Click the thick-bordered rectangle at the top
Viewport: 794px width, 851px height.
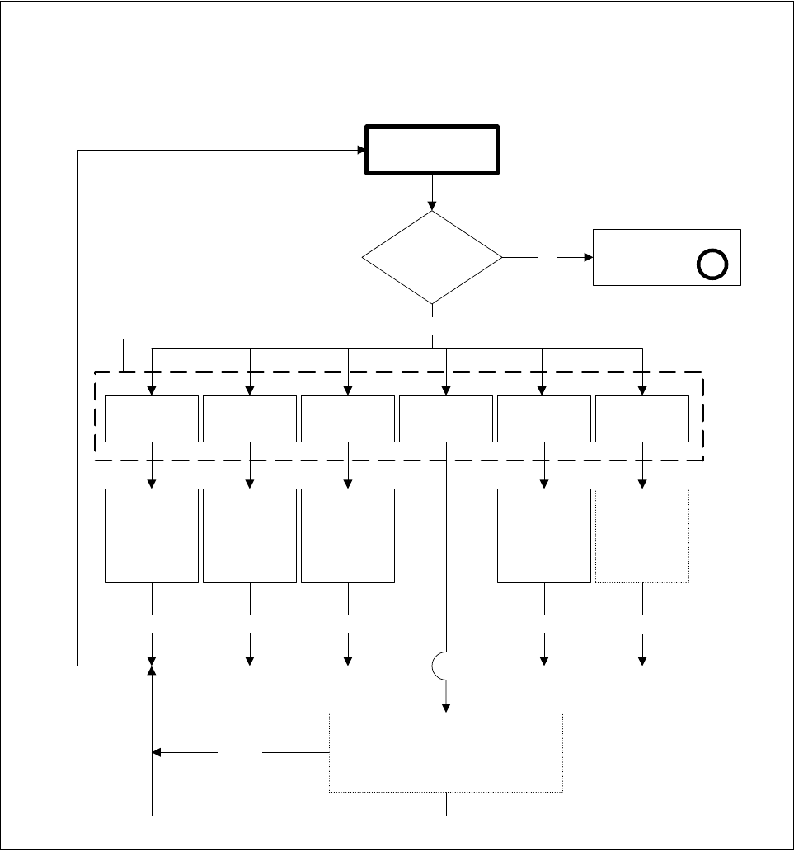pyautogui.click(x=432, y=150)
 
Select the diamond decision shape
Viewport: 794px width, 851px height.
pyautogui.click(x=432, y=257)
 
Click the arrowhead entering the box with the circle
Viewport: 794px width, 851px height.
pyautogui.click(x=588, y=257)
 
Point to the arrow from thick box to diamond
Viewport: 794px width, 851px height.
pyautogui.click(x=432, y=193)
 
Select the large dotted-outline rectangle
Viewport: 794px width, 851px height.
pyautogui.click(x=446, y=752)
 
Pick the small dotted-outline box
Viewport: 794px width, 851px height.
pyautogui.click(x=641, y=536)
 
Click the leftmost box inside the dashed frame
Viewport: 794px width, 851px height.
pyautogui.click(x=152, y=418)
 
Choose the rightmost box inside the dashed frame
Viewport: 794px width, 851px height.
pyautogui.click(x=641, y=418)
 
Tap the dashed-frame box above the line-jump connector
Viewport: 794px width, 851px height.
pyautogui.click(x=446, y=418)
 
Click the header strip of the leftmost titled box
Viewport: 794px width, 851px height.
pyautogui.click(x=152, y=500)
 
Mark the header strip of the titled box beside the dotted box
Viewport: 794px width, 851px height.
pyautogui.click(x=544, y=500)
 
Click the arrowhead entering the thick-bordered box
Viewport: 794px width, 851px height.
pyautogui.click(x=360, y=150)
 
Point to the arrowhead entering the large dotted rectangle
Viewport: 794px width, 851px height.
pyautogui.click(x=446, y=707)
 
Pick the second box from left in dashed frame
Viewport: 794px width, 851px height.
pyautogui.click(x=249, y=418)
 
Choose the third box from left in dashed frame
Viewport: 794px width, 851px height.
pyautogui.click(x=347, y=418)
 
